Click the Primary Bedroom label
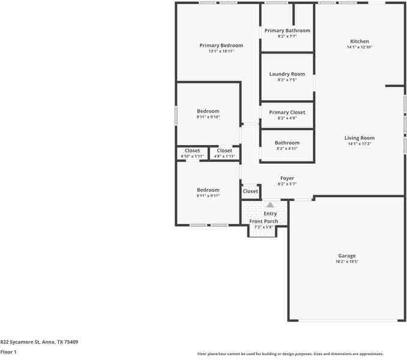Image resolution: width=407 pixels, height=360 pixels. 221,46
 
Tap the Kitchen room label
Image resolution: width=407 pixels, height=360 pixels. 360,41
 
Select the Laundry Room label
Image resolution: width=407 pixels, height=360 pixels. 287,74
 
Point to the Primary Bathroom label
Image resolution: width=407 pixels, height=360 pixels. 287,31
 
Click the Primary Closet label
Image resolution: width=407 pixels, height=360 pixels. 287,112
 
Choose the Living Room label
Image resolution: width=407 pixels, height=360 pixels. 359,138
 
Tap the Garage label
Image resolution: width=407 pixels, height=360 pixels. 346,256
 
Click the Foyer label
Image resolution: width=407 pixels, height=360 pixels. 287,178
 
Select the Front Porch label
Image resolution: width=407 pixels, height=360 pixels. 264,221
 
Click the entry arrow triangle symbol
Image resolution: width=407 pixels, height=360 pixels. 270,205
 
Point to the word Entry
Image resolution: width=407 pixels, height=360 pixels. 270,214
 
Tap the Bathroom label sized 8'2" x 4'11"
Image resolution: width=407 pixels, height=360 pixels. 287,143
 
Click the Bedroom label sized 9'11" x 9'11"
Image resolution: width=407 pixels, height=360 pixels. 208,190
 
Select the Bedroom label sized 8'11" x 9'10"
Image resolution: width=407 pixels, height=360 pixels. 208,111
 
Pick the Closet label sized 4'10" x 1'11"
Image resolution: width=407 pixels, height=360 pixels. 192,151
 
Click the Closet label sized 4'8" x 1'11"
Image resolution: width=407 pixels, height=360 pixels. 225,151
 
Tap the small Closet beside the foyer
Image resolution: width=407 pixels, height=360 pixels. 250,191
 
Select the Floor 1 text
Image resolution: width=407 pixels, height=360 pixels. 8,352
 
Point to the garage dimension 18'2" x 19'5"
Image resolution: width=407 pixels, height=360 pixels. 346,262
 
